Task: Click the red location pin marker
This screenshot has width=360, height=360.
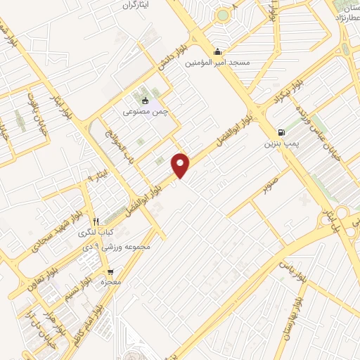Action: pyautogui.click(x=181, y=165)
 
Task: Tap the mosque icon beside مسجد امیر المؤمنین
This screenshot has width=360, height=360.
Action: pyautogui.click(x=217, y=51)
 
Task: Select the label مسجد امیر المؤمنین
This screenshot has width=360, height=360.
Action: pyautogui.click(x=217, y=63)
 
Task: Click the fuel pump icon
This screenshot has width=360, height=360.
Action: pyautogui.click(x=282, y=131)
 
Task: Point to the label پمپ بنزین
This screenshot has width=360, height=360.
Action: pyautogui.click(x=277, y=143)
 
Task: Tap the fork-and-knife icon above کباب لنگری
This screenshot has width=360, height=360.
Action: pyautogui.click(x=96, y=221)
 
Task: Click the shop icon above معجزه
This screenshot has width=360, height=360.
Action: pyautogui.click(x=110, y=271)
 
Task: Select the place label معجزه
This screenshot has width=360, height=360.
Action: pyautogui.click(x=110, y=282)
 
